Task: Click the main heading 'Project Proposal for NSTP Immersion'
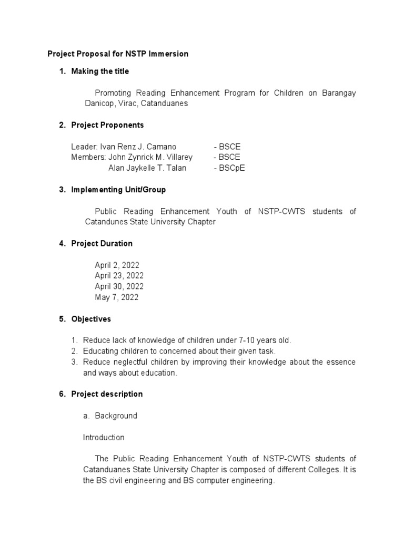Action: coord(118,54)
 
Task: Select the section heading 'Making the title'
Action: coord(100,71)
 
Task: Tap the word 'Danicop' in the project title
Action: coord(99,104)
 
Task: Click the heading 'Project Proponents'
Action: coord(107,125)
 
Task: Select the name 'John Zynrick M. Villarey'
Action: coord(150,157)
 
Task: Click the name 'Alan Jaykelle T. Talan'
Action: coord(147,168)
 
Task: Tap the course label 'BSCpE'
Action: coord(232,168)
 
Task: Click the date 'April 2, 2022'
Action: coord(117,265)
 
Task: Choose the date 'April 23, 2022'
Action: coord(119,276)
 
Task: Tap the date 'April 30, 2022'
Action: coord(119,286)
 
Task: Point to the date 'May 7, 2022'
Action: coord(116,297)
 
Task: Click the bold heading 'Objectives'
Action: coord(91,319)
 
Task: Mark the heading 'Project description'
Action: coord(107,394)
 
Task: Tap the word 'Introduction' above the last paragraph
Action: coord(104,437)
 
